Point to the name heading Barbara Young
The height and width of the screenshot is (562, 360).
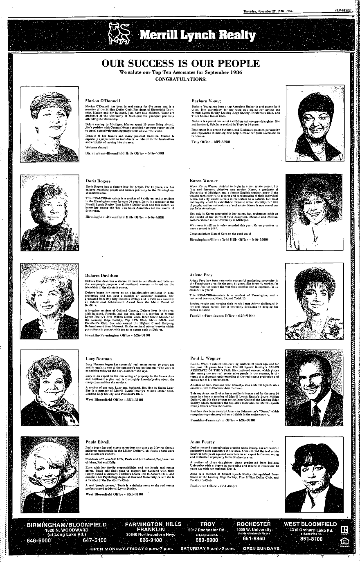[x=206, y=100]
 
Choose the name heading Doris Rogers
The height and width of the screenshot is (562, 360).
[x=97, y=180]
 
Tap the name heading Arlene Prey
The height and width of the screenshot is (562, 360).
[x=201, y=275]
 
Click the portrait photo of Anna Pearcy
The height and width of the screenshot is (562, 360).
[x=314, y=474]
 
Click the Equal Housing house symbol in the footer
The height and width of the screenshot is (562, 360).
[x=339, y=542]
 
